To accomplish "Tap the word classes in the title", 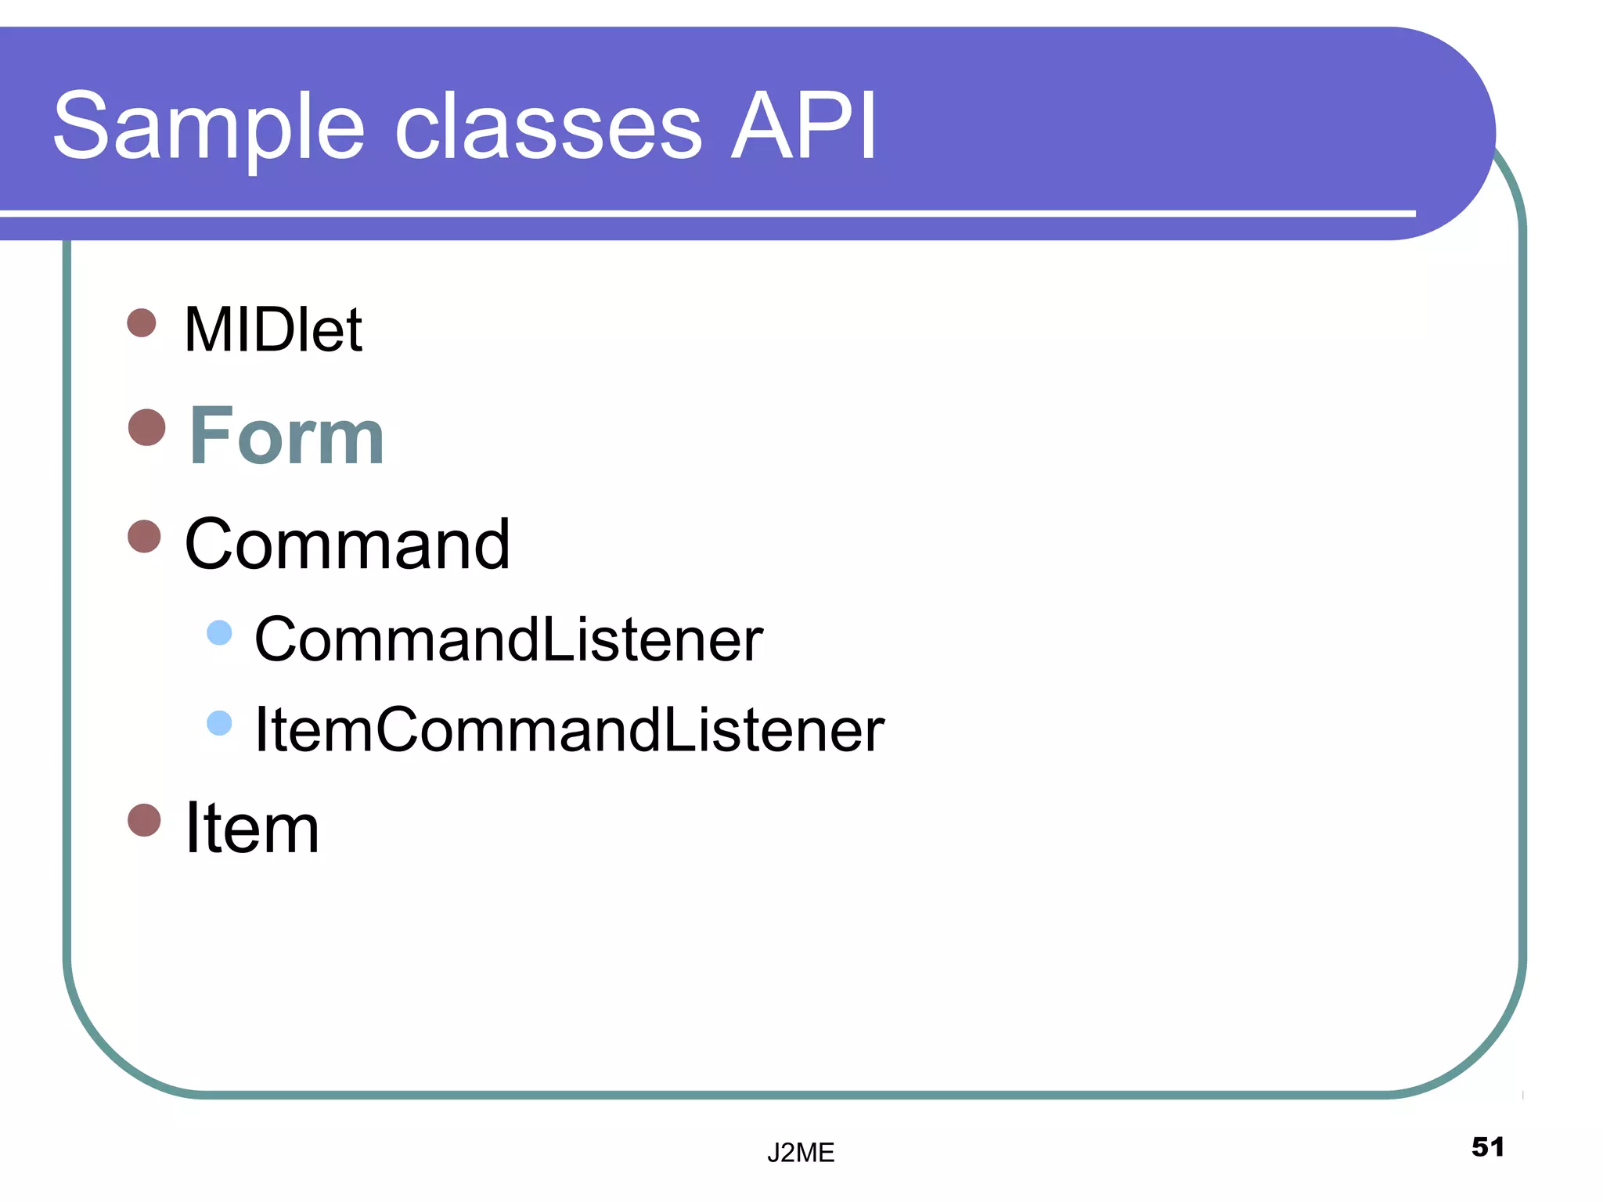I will click(x=548, y=129).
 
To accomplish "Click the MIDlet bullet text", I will click(x=272, y=329).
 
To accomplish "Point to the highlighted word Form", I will click(x=286, y=436).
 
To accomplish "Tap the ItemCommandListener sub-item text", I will click(x=569, y=729).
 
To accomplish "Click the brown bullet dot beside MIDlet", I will click(x=142, y=322).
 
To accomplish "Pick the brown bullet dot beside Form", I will click(x=147, y=427).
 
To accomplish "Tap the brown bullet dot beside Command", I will click(x=144, y=537).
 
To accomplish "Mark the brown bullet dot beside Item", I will click(x=144, y=820).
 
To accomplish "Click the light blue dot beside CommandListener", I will click(x=220, y=632).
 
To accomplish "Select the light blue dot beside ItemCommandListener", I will click(x=220, y=723).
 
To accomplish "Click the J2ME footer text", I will click(x=801, y=1153).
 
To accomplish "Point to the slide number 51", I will click(x=1488, y=1147).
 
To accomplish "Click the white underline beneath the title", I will click(x=704, y=213).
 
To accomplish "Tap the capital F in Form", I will click(x=210, y=436).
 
